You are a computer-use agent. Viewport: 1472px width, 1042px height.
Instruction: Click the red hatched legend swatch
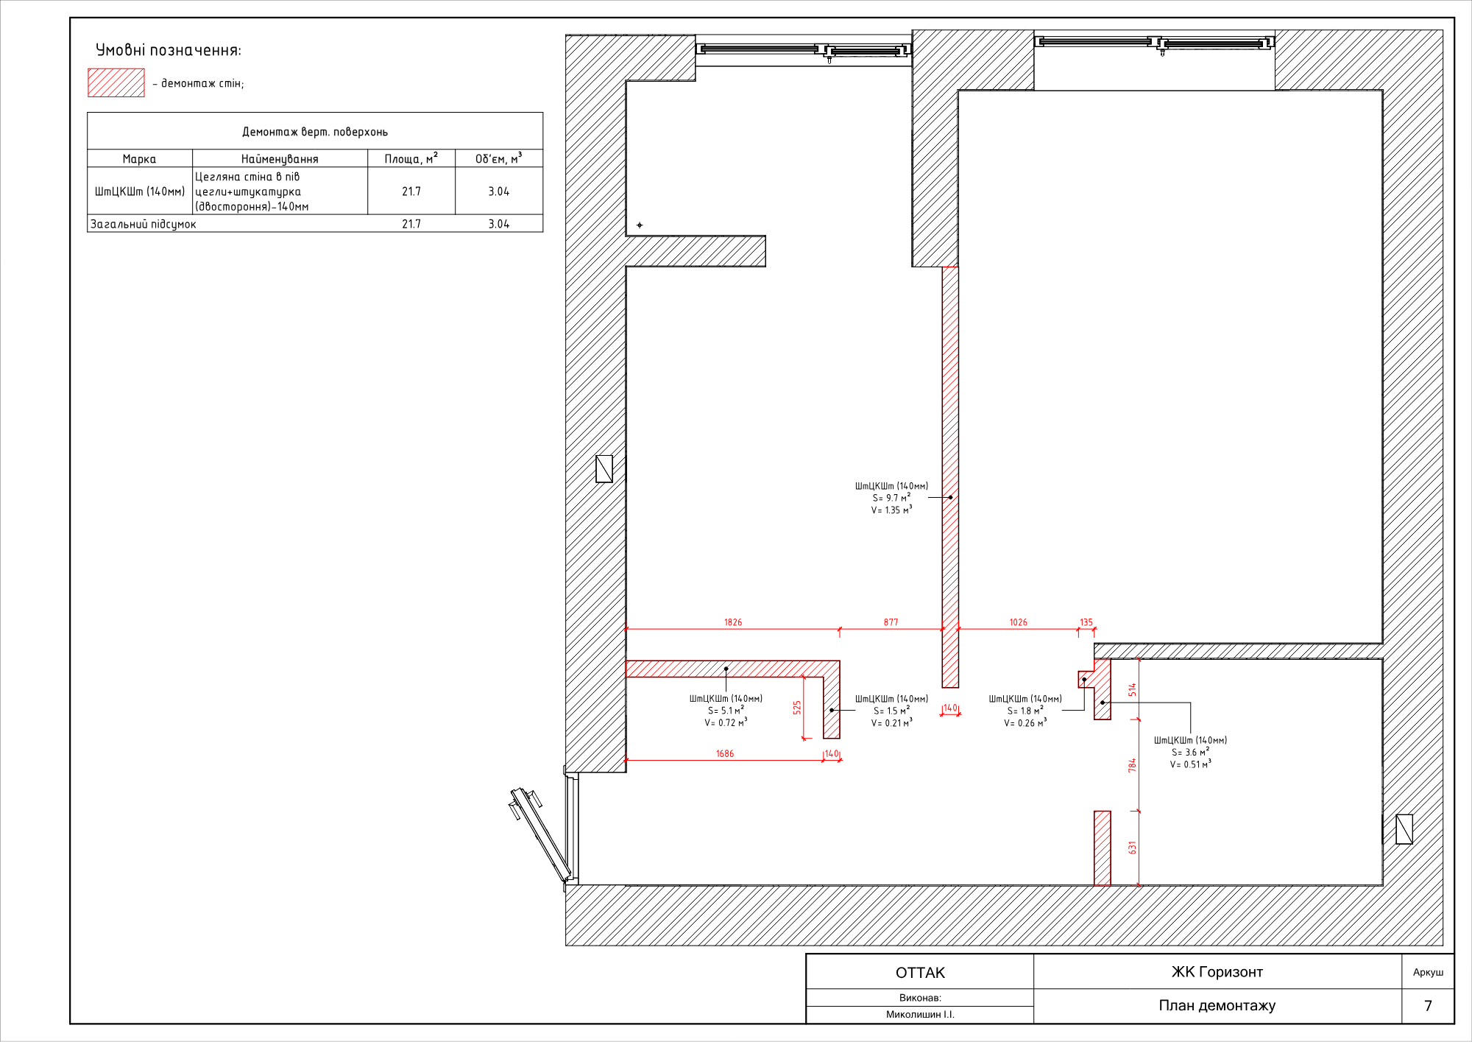[116, 82]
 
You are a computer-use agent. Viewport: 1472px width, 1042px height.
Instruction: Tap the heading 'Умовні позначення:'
[169, 50]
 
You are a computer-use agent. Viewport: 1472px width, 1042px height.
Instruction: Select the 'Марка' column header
[139, 159]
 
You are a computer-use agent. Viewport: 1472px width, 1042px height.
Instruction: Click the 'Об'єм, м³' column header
[498, 158]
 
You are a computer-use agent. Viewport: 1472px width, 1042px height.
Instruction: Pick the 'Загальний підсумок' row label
[144, 224]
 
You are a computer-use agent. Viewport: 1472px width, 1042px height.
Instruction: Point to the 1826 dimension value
[733, 622]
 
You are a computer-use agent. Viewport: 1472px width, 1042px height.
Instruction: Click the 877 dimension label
[891, 622]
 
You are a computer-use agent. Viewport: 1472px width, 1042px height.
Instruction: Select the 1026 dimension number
[1018, 622]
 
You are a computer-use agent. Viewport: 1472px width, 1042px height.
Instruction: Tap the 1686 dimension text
[725, 753]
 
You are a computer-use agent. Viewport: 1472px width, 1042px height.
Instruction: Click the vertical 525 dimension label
[797, 708]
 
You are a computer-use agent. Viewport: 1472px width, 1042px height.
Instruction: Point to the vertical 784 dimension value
[1133, 765]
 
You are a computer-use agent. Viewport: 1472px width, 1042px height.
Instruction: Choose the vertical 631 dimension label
[1133, 848]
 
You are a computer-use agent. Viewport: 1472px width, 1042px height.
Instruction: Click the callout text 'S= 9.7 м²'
[891, 498]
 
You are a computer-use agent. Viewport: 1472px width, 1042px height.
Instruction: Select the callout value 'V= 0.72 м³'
[726, 722]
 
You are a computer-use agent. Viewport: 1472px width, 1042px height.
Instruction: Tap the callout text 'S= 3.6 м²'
[1190, 752]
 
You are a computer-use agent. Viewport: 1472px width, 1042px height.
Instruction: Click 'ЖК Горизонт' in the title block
[1217, 972]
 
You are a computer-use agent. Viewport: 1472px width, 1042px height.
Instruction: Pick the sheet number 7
[1428, 1006]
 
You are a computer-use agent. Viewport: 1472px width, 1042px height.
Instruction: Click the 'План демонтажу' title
[1217, 1006]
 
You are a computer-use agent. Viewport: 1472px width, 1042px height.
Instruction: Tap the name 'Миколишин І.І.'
[920, 1015]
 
